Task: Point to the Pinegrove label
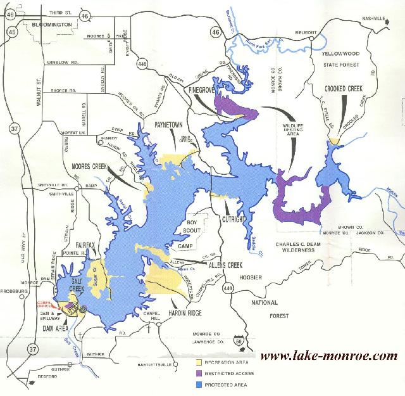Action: pyautogui.click(x=202, y=91)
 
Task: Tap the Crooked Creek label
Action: pyautogui.click(x=344, y=89)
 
